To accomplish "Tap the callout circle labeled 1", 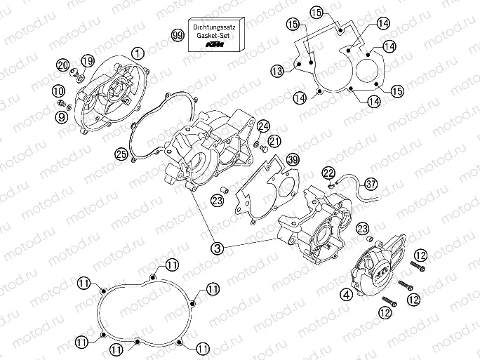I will [x=138, y=53].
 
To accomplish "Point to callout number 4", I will [x=347, y=295].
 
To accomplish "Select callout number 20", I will [x=62, y=65].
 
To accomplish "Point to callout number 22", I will [x=329, y=173].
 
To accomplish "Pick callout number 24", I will [x=262, y=126].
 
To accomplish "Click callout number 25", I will [x=121, y=153].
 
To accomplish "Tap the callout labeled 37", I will [x=371, y=184].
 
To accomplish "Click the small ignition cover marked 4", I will [x=376, y=273].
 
